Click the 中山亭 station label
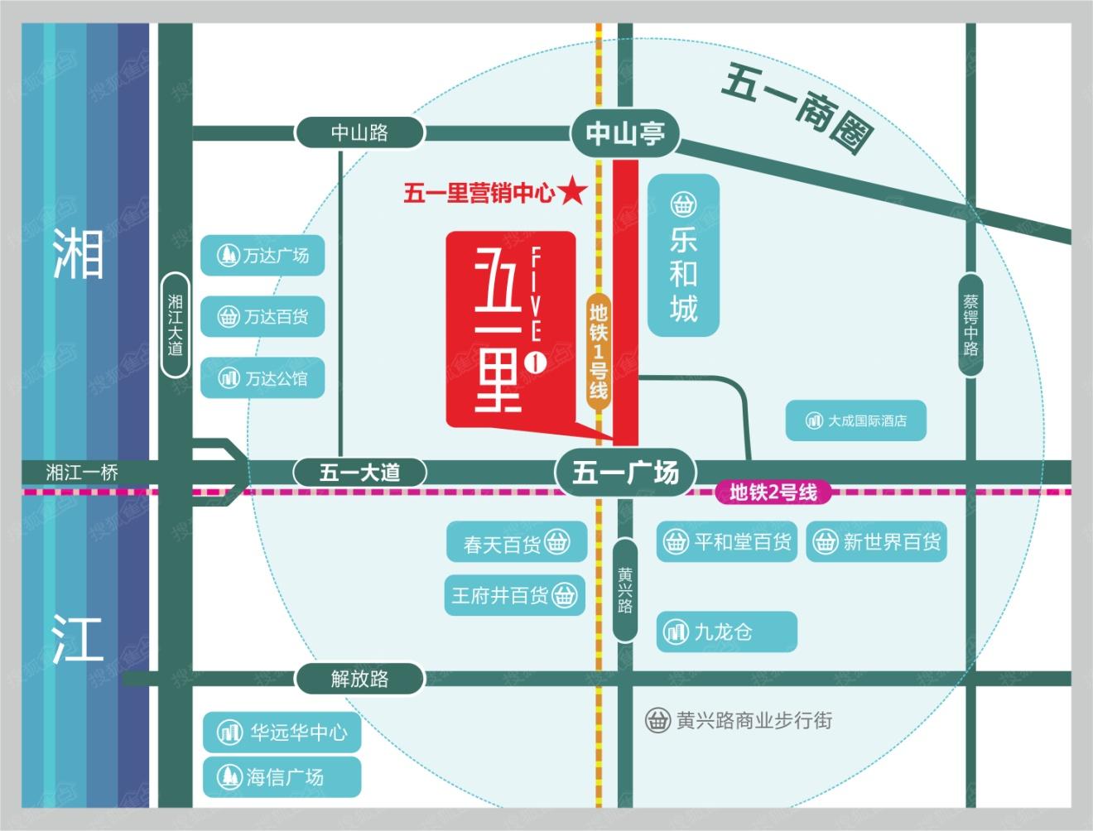625,133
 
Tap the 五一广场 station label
625,473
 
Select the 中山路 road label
359,132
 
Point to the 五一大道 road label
359,473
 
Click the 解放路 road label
359,679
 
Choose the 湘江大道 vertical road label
175,324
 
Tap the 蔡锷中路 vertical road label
970,324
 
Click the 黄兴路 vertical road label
625,589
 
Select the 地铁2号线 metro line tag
773,493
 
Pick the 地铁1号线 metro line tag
598,351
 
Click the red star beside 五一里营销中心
572,193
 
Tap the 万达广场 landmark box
262,256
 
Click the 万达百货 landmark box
262,316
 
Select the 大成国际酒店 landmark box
855,420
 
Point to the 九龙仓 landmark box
726,632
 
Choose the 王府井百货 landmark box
514,595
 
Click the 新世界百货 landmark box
876,542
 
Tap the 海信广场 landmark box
282,776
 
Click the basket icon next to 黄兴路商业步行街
657,720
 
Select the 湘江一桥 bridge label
82,473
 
